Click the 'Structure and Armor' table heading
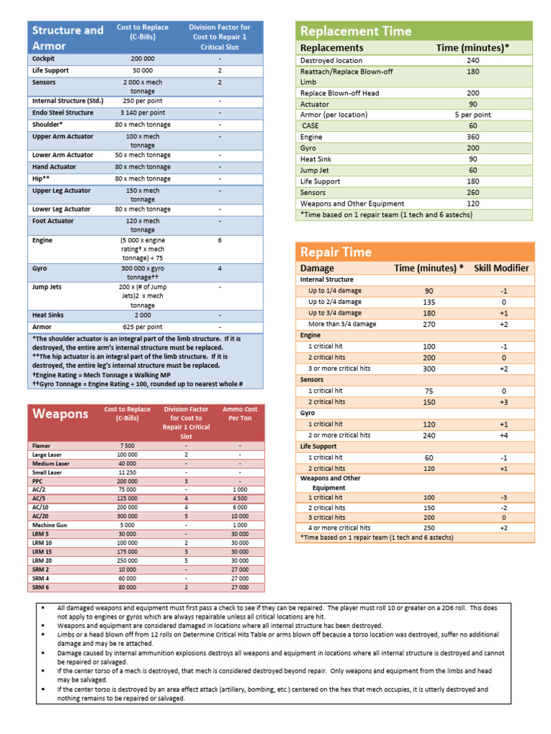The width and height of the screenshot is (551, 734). [67, 38]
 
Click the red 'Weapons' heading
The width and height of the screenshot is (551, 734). [60, 414]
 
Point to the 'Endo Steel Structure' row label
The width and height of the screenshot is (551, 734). [62, 113]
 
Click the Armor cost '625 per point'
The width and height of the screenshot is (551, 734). [142, 327]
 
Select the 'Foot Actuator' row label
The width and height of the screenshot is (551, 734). [52, 221]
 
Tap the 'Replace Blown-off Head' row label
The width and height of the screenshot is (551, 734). [339, 93]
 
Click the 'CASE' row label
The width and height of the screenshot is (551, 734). [311, 126]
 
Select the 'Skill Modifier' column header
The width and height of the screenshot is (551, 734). [501, 268]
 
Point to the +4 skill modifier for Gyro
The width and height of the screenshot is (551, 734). [503, 435]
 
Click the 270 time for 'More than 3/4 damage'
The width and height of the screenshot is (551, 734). [428, 324]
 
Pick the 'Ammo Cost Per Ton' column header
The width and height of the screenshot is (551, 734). [240, 414]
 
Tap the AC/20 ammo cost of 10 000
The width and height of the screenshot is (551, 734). [240, 516]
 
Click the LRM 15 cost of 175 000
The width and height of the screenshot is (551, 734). [127, 551]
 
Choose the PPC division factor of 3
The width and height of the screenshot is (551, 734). [186, 481]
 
